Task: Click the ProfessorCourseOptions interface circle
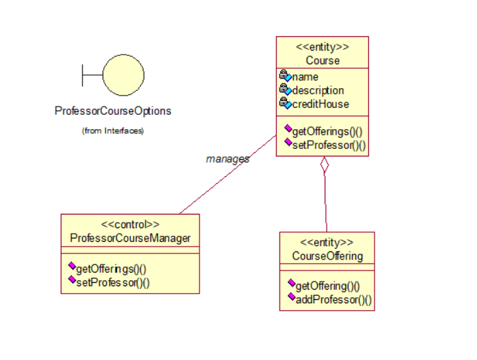tap(123, 74)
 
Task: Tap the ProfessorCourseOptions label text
tap(113, 111)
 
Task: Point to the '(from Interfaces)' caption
tap(113, 130)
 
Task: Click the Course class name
tap(323, 60)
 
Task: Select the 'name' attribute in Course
tap(305, 77)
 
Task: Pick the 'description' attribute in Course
tap(318, 90)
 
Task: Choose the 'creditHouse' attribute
tap(321, 104)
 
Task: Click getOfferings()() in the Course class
tap(327, 131)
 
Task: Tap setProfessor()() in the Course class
tap(329, 144)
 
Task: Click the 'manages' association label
tap(228, 158)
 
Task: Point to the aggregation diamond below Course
tap(325, 165)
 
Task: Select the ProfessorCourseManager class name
tap(130, 238)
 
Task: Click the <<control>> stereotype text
tap(130, 224)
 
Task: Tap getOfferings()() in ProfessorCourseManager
tap(112, 268)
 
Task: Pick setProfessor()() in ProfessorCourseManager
tap(113, 281)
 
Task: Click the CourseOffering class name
tap(327, 256)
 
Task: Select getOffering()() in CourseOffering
tap(328, 286)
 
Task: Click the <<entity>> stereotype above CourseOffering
tap(327, 243)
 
